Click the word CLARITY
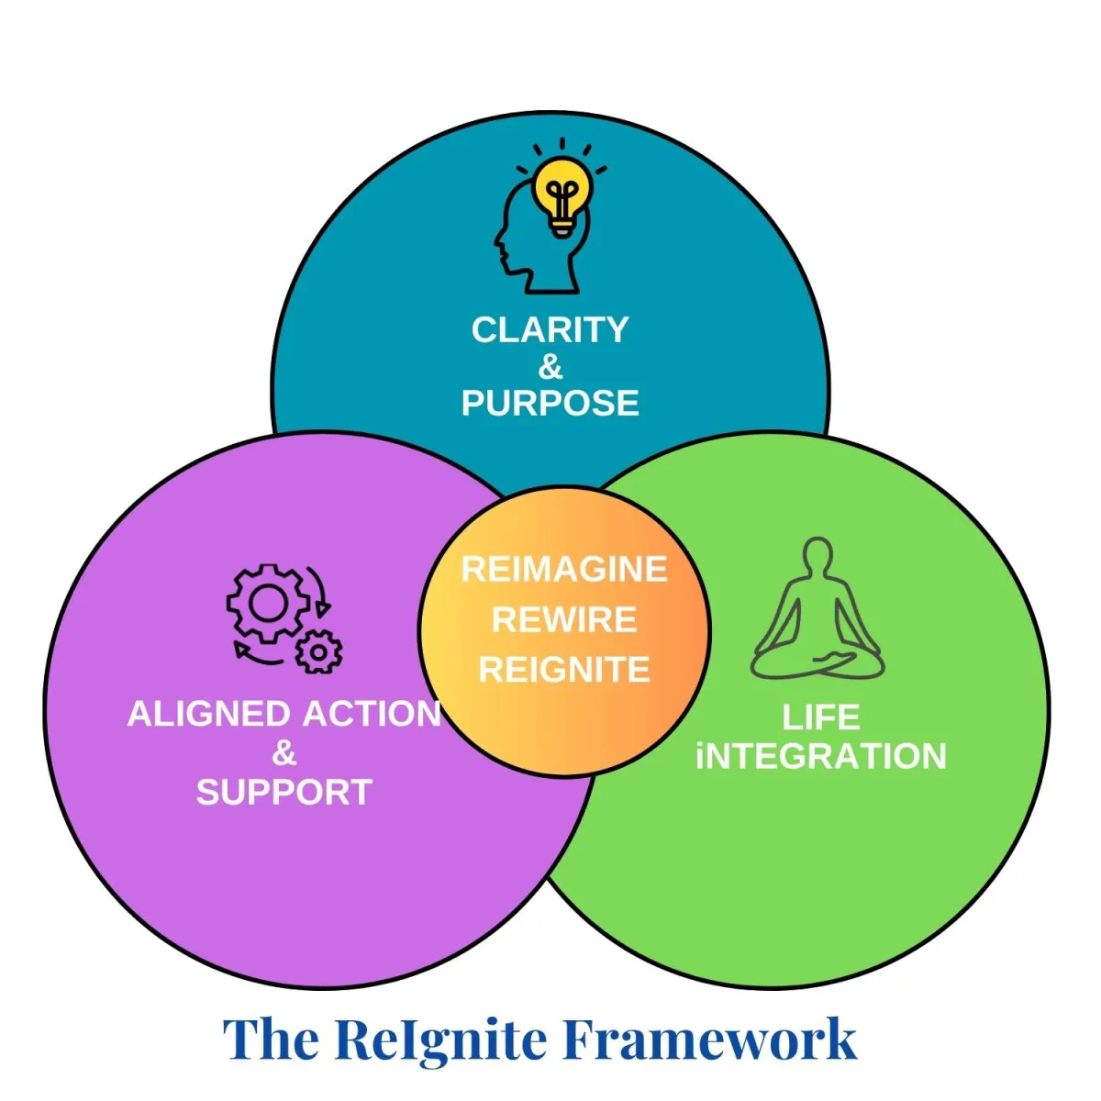[550, 330]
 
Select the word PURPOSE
[550, 404]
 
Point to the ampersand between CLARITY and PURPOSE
[550, 367]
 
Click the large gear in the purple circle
[267, 603]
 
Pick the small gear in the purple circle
[318, 651]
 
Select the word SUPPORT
[284, 792]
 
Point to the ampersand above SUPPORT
[284, 753]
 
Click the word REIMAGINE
[564, 570]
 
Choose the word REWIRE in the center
[564, 620]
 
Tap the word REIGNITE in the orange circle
[564, 670]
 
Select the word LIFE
[820, 717]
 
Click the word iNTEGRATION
[820, 757]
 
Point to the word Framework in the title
[709, 1040]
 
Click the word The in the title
[272, 1040]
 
